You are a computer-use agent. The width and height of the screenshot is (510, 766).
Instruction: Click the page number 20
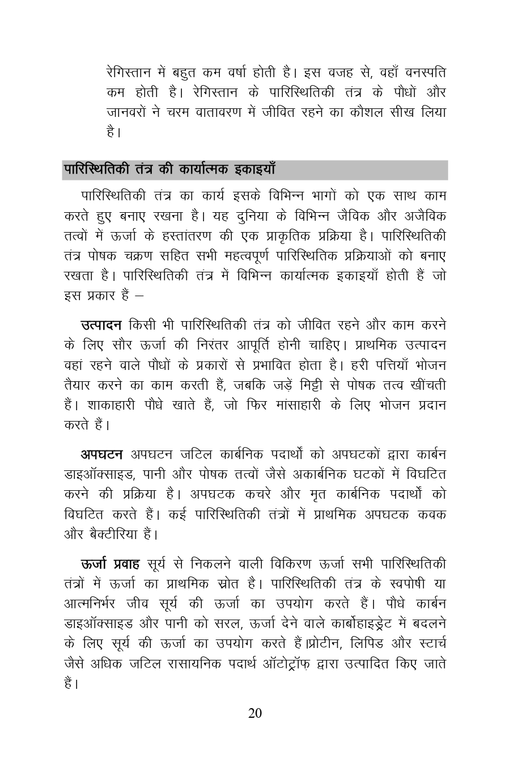(255, 713)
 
